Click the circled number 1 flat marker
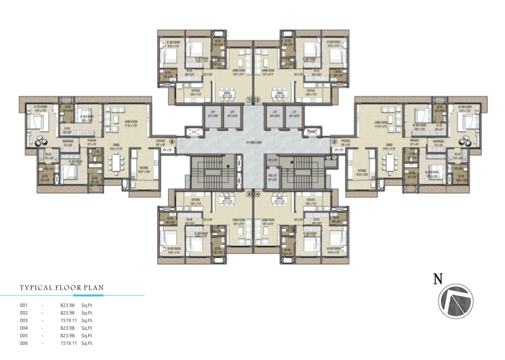tap(248, 99)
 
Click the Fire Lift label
tap(272, 177)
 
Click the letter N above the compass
tap(438, 279)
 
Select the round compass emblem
tap(456, 301)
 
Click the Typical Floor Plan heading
tap(62, 287)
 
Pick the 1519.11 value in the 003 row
tap(68, 320)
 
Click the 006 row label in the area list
tap(24, 343)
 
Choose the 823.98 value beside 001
tap(68, 305)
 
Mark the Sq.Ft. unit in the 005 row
tap(87, 336)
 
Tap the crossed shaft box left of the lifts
tap(194, 133)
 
